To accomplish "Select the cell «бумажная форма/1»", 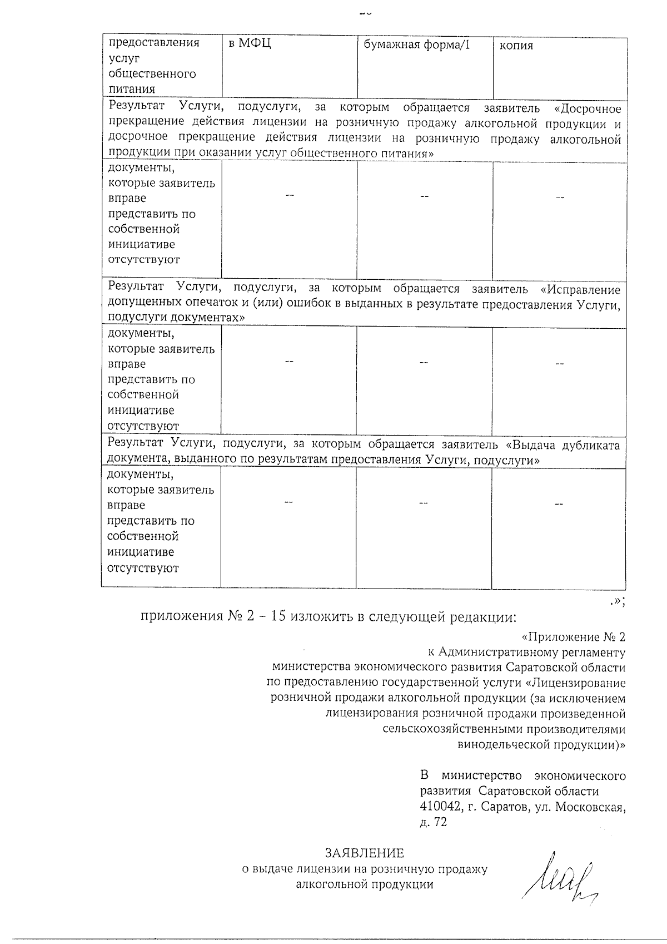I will tap(417, 45).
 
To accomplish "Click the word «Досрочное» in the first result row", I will tap(590, 108).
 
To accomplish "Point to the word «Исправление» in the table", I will tap(584, 290).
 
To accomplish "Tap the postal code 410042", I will tap(440, 807).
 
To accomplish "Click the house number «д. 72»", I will tap(434, 822).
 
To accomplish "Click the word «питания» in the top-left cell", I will tap(132, 89).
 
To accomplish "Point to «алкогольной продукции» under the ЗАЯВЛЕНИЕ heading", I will tap(365, 884).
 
